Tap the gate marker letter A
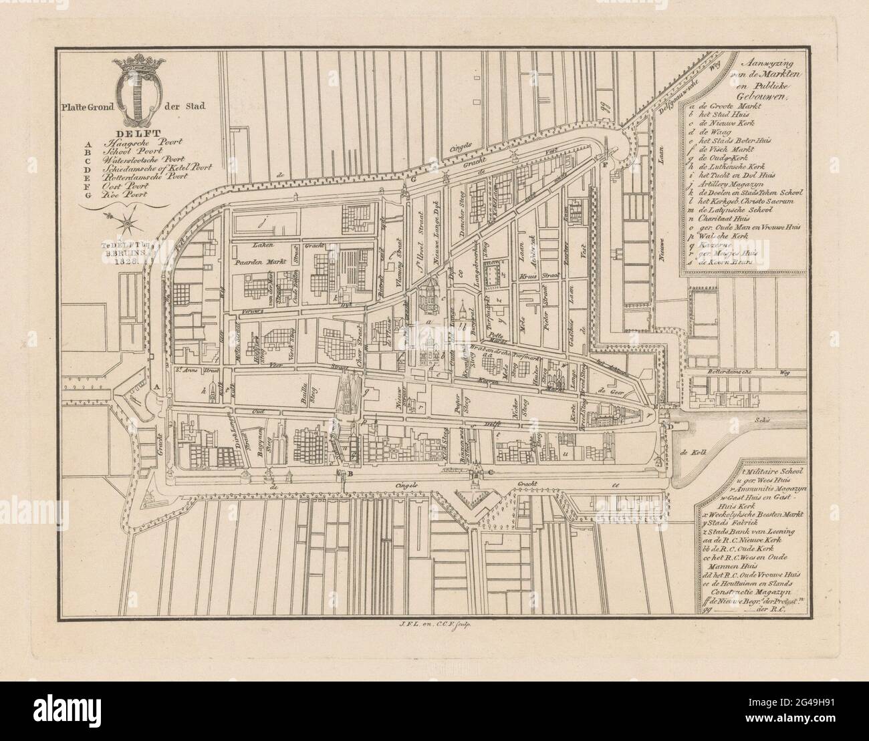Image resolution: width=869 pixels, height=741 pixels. coord(156,387)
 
